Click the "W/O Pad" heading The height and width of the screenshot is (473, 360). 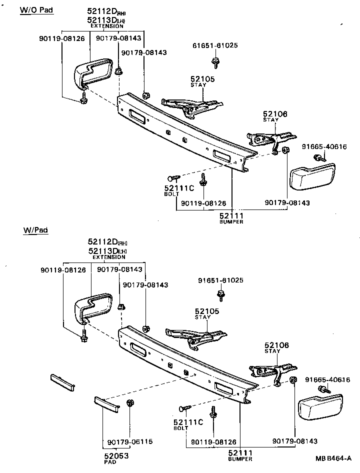[36, 10]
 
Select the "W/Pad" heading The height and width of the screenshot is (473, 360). [35, 230]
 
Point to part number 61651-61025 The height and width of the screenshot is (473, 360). [215, 45]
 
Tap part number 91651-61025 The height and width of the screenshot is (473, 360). [220, 280]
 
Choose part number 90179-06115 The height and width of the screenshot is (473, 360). [130, 442]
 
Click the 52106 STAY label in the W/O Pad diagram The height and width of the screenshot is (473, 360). [275, 116]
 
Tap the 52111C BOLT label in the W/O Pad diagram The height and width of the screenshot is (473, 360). [178, 190]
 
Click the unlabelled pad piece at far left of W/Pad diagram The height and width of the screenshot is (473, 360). [62, 382]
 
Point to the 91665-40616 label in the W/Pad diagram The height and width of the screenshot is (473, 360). [327, 380]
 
